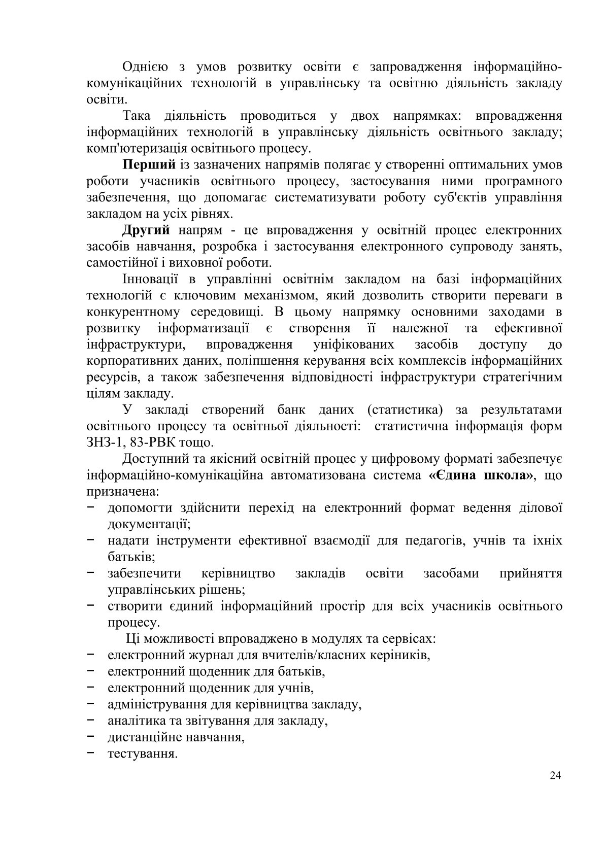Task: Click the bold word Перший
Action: (149, 165)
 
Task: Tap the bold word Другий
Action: (146, 230)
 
